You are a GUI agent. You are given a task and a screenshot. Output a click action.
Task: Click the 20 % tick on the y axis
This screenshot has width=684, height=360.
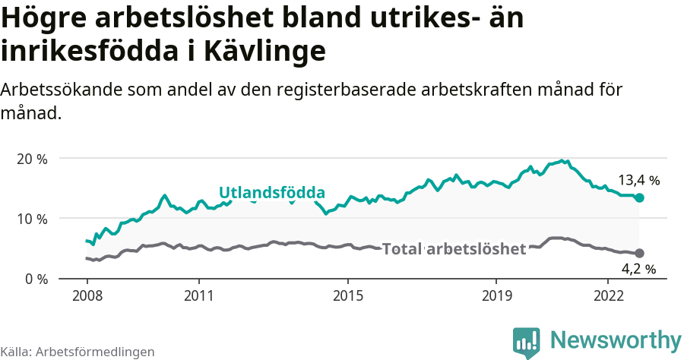[x=32, y=159]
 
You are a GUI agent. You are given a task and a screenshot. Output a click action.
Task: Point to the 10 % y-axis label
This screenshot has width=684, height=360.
[x=32, y=219]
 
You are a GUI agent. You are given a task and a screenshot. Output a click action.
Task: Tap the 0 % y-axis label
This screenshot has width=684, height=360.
[x=35, y=279]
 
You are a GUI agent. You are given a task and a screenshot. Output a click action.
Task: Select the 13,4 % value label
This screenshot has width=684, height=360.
[x=638, y=181]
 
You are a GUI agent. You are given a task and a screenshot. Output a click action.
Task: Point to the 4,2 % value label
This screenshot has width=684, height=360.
[x=638, y=268]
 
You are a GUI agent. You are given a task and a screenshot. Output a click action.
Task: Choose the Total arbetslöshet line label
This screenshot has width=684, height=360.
[x=454, y=249]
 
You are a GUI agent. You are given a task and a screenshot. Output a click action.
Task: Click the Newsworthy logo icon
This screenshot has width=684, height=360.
[x=526, y=343]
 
